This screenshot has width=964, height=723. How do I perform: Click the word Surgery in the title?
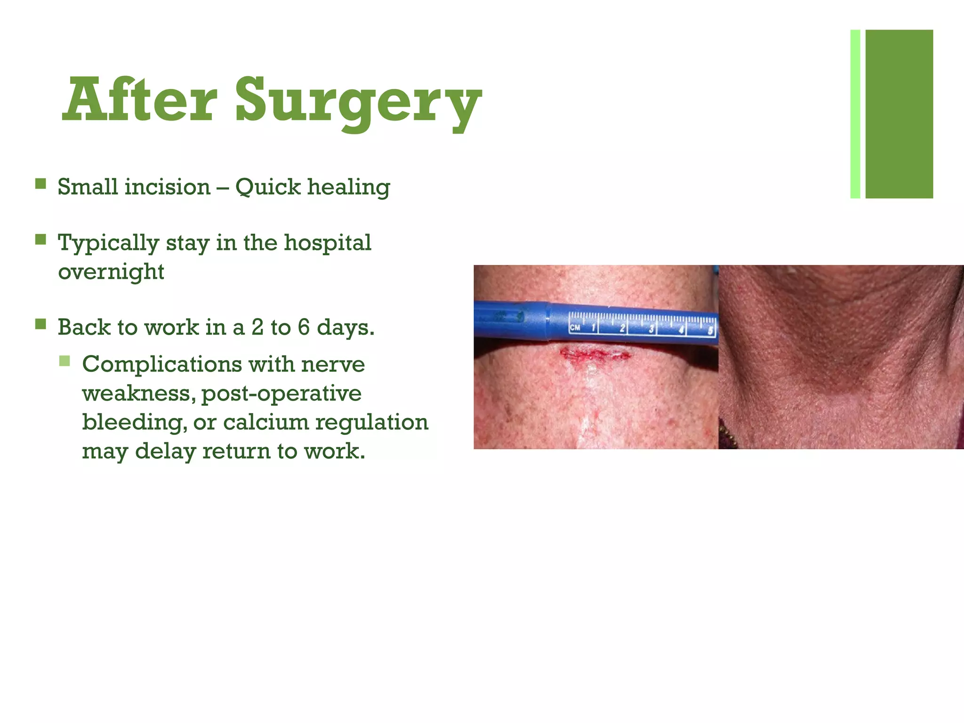click(x=358, y=101)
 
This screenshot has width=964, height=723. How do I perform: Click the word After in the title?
click(x=139, y=100)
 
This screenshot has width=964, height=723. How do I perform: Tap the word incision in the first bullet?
click(x=167, y=187)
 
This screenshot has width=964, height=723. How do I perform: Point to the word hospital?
click(x=328, y=243)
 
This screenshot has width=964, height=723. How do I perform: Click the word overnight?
click(x=111, y=272)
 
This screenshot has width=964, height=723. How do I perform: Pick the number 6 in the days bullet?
click(x=304, y=327)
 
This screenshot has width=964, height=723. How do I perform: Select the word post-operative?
click(x=281, y=394)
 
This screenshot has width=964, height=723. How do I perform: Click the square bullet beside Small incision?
click(x=40, y=184)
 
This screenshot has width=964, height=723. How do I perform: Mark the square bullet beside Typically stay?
click(x=40, y=240)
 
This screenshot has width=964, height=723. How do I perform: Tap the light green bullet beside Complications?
click(x=64, y=361)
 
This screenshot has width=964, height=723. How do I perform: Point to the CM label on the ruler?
click(x=575, y=328)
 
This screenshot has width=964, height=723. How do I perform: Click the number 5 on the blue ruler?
click(x=710, y=330)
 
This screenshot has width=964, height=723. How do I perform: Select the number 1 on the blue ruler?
click(x=594, y=328)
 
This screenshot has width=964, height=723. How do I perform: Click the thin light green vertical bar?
click(x=855, y=114)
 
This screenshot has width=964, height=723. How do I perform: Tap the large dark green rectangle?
click(x=899, y=114)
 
